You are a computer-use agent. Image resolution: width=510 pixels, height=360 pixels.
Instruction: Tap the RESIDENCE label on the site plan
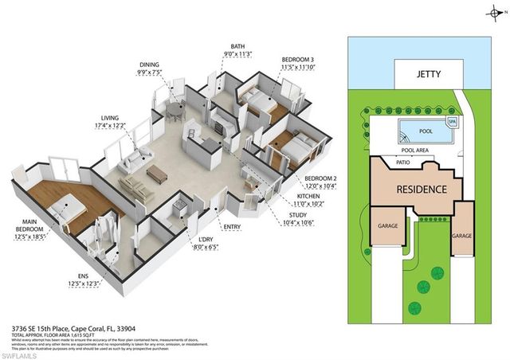pyautogui.click(x=417, y=190)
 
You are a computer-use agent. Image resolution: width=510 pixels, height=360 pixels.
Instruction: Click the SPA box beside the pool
pyautogui.click(x=452, y=123)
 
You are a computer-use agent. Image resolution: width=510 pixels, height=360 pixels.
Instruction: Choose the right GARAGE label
pyautogui.click(x=461, y=236)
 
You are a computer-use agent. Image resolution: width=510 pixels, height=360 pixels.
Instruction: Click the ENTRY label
pyautogui.click(x=233, y=228)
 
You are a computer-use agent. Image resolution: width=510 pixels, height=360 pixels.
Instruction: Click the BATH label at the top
pyautogui.click(x=237, y=46)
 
